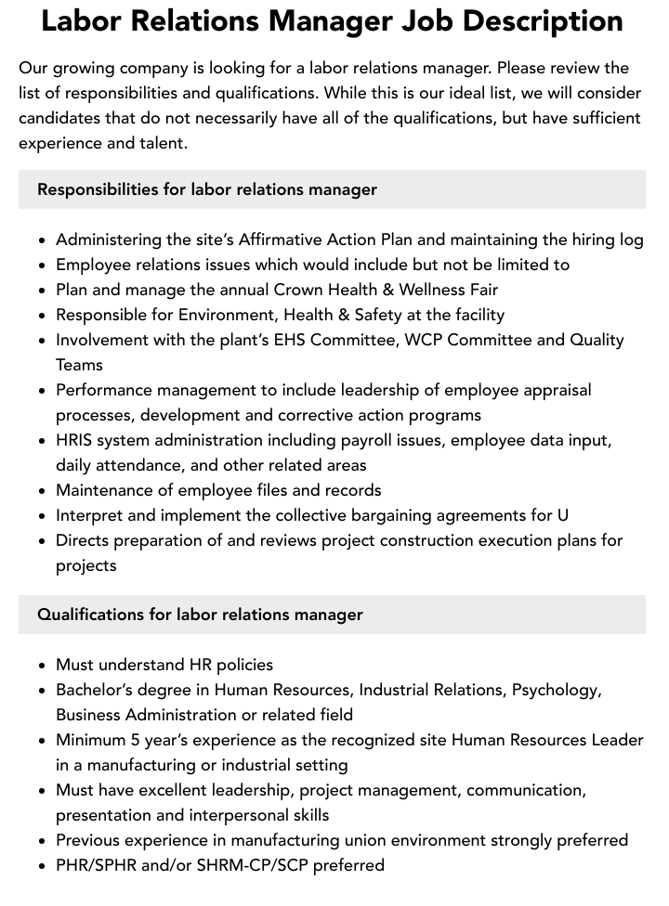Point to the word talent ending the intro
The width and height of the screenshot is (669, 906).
coord(160,143)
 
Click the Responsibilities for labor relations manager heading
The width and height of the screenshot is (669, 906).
coord(207,189)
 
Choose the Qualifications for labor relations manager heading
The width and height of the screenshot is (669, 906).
coord(200,615)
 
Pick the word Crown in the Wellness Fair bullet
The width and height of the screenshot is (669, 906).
coord(299,290)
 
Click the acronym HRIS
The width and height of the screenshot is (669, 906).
coord(74,440)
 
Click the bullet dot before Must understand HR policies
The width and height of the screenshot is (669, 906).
coord(43,666)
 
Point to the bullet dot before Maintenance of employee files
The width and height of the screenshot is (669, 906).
coord(43,491)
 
